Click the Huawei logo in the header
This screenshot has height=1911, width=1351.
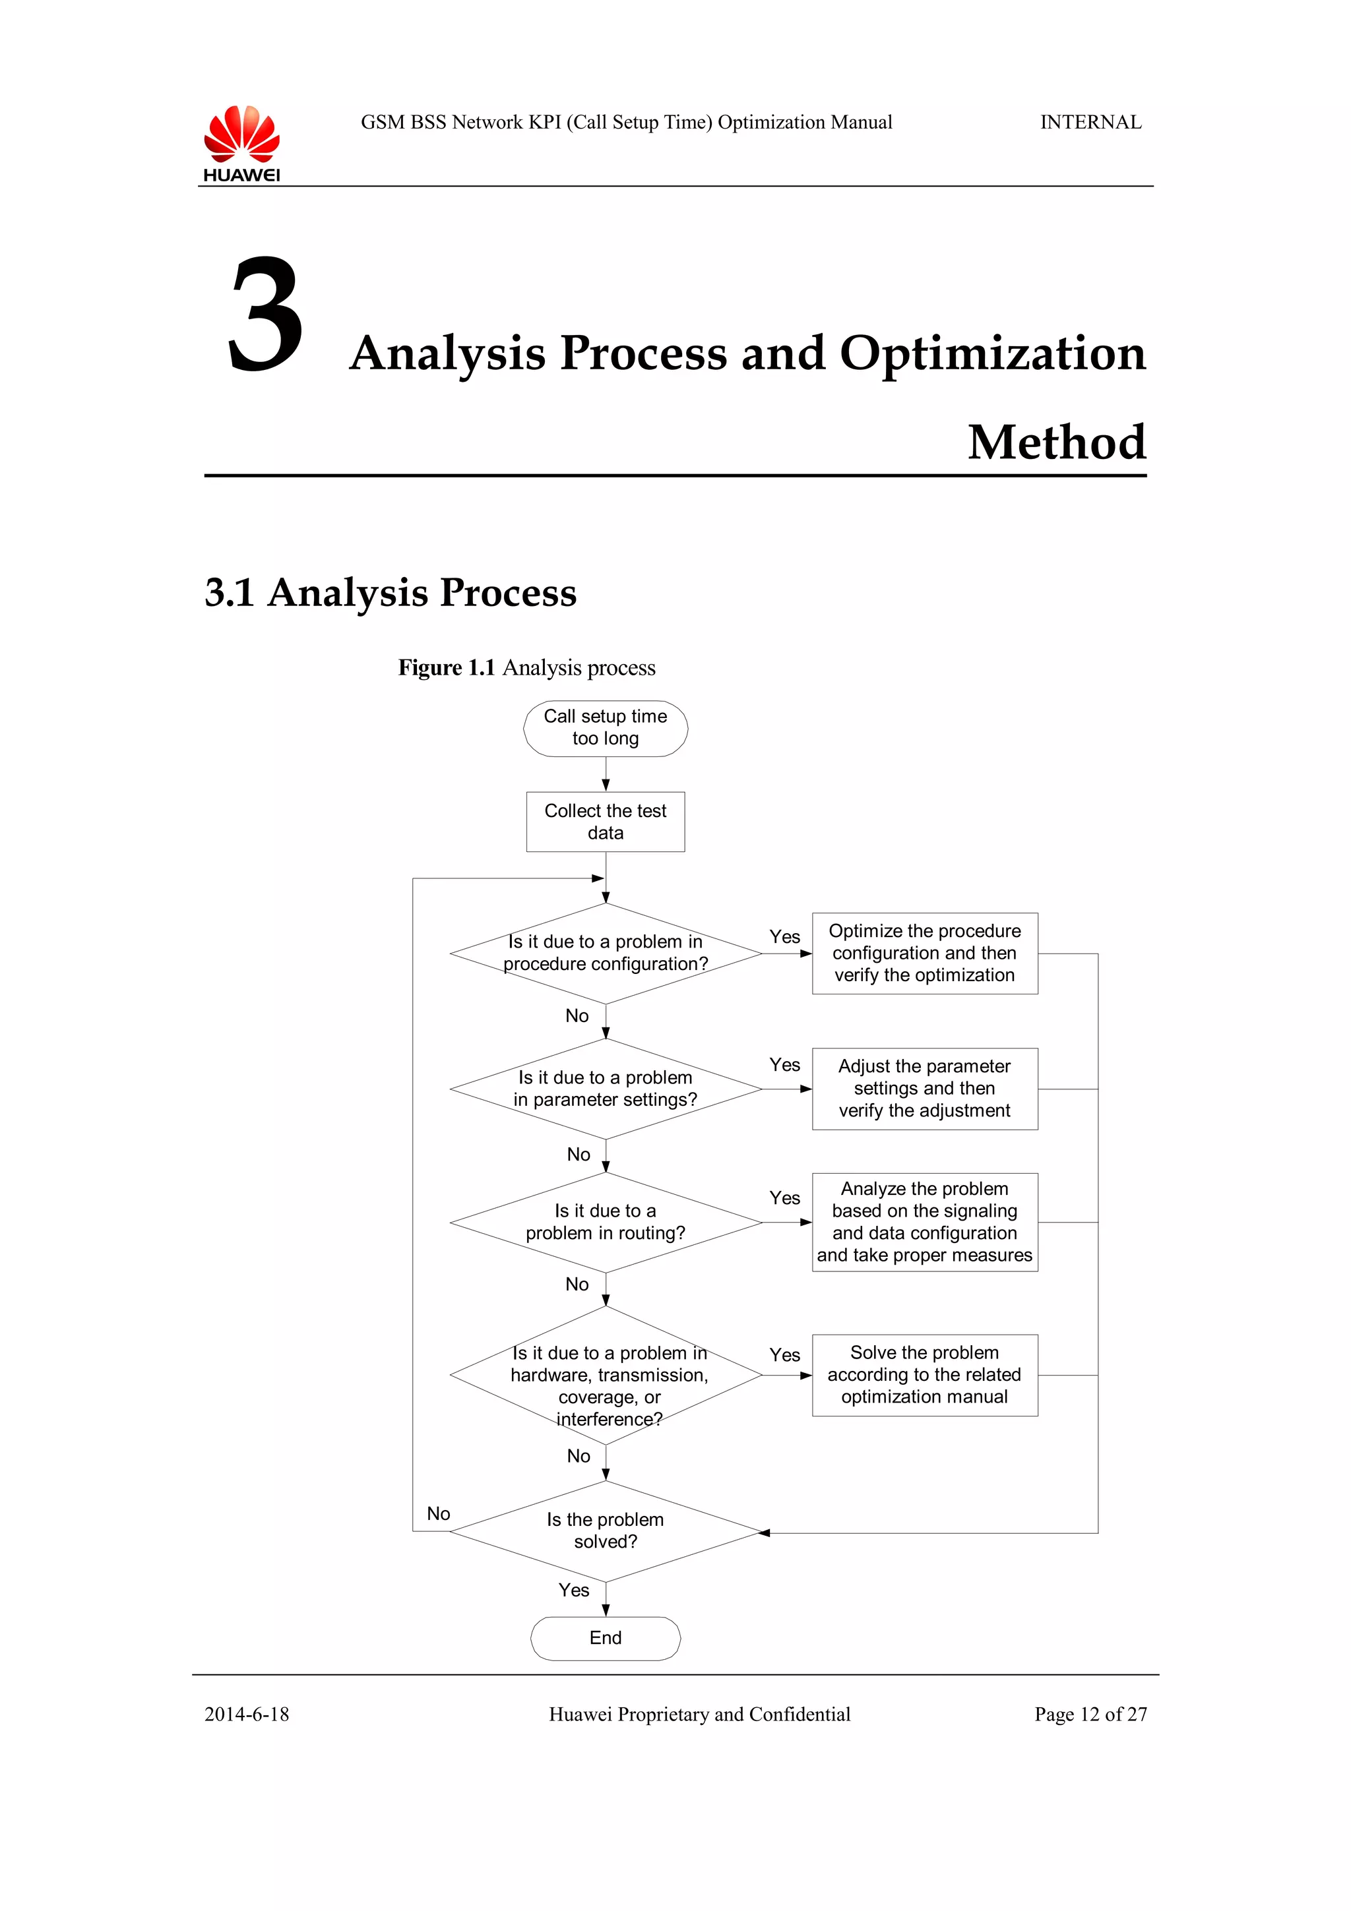click(x=241, y=143)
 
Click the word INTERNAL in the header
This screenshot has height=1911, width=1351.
click(x=1090, y=123)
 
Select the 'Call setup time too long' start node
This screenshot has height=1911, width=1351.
click(x=605, y=728)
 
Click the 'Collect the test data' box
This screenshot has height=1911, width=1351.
click(x=605, y=822)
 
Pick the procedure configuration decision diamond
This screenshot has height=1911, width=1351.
click(x=605, y=953)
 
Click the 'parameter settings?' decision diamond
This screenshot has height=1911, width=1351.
click(x=605, y=1089)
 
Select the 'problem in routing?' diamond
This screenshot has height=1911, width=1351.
click(x=605, y=1222)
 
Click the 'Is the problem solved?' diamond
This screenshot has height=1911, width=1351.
click(x=605, y=1531)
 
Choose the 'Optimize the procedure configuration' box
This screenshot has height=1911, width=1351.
click(x=924, y=953)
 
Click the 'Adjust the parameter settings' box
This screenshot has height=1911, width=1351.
click(x=924, y=1089)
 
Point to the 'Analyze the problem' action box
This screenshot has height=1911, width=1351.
click(x=924, y=1222)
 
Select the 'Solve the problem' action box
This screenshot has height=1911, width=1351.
click(x=924, y=1375)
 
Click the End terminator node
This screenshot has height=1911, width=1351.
click(x=605, y=1638)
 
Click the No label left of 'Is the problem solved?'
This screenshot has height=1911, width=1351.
click(x=438, y=1513)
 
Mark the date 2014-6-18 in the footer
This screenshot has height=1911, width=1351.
click(x=247, y=1714)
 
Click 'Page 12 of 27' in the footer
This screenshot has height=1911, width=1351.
click(x=1090, y=1714)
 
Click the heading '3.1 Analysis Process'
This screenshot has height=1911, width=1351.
click(x=391, y=593)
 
